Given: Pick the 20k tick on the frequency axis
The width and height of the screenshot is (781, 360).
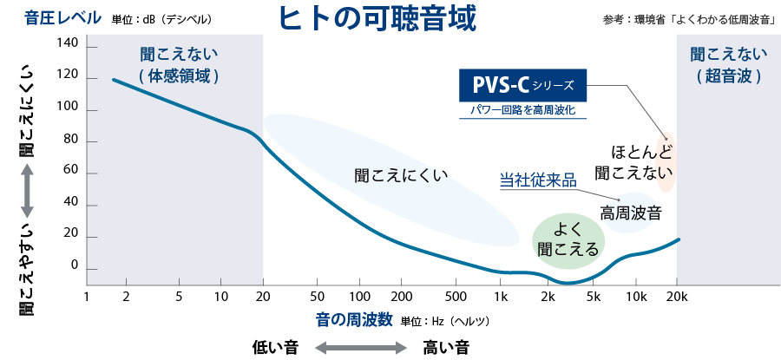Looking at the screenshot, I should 677,296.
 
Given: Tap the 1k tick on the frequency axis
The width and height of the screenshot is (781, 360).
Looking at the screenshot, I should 501,296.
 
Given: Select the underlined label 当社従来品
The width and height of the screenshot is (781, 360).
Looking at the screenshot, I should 538,180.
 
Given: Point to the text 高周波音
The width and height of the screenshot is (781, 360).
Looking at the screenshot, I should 631,212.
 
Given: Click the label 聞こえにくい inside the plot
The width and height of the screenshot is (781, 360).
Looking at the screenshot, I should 401,175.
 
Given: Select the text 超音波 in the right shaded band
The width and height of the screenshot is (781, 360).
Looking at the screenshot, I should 728,76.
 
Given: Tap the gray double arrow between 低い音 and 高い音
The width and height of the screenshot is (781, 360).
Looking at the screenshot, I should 360,348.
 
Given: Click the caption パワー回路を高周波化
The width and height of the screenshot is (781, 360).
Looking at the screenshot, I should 522,111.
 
